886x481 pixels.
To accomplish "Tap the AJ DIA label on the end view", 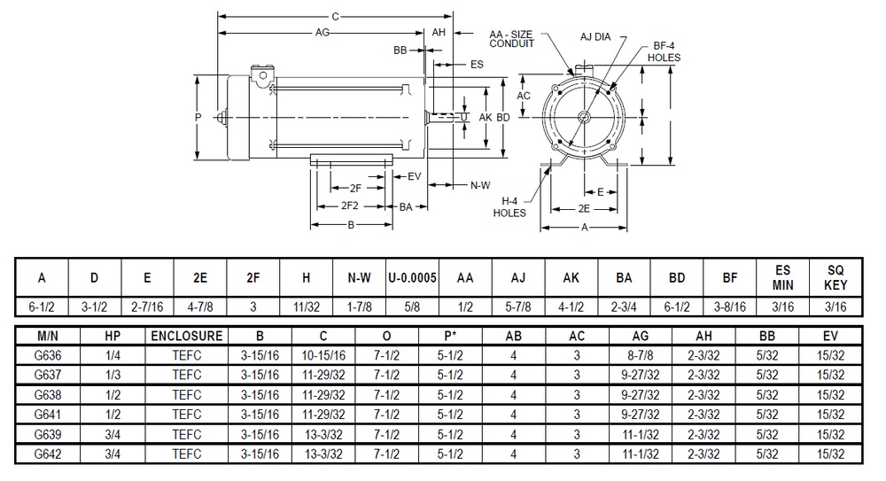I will [596, 37].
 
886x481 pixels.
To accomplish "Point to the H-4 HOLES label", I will [509, 207].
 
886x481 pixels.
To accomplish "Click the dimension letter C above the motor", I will [335, 16].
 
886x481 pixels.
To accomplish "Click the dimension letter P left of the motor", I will [198, 117].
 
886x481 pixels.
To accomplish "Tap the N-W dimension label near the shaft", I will [479, 185].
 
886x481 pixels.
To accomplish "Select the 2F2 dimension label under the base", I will [349, 206].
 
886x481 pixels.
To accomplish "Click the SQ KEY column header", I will [835, 278].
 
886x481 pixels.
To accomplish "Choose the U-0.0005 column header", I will [412, 278].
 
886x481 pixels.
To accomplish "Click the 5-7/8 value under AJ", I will [517, 306].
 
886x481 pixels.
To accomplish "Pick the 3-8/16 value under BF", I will [729, 306].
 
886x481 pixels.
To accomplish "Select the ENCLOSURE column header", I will [186, 337].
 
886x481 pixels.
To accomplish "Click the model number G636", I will [47, 355].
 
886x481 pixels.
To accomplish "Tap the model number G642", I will [47, 453].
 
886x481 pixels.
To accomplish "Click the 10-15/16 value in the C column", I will [323, 355].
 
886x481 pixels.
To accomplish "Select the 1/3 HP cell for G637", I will [112, 375].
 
